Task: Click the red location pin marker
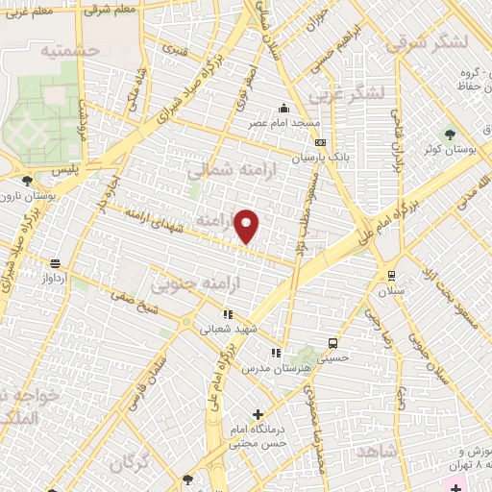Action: point(247,226)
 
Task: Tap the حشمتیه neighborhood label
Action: point(70,48)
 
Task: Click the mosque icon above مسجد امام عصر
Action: point(283,109)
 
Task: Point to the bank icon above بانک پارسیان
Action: point(320,142)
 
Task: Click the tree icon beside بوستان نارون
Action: point(26,180)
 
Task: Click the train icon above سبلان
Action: point(390,273)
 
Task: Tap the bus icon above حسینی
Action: point(332,342)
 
